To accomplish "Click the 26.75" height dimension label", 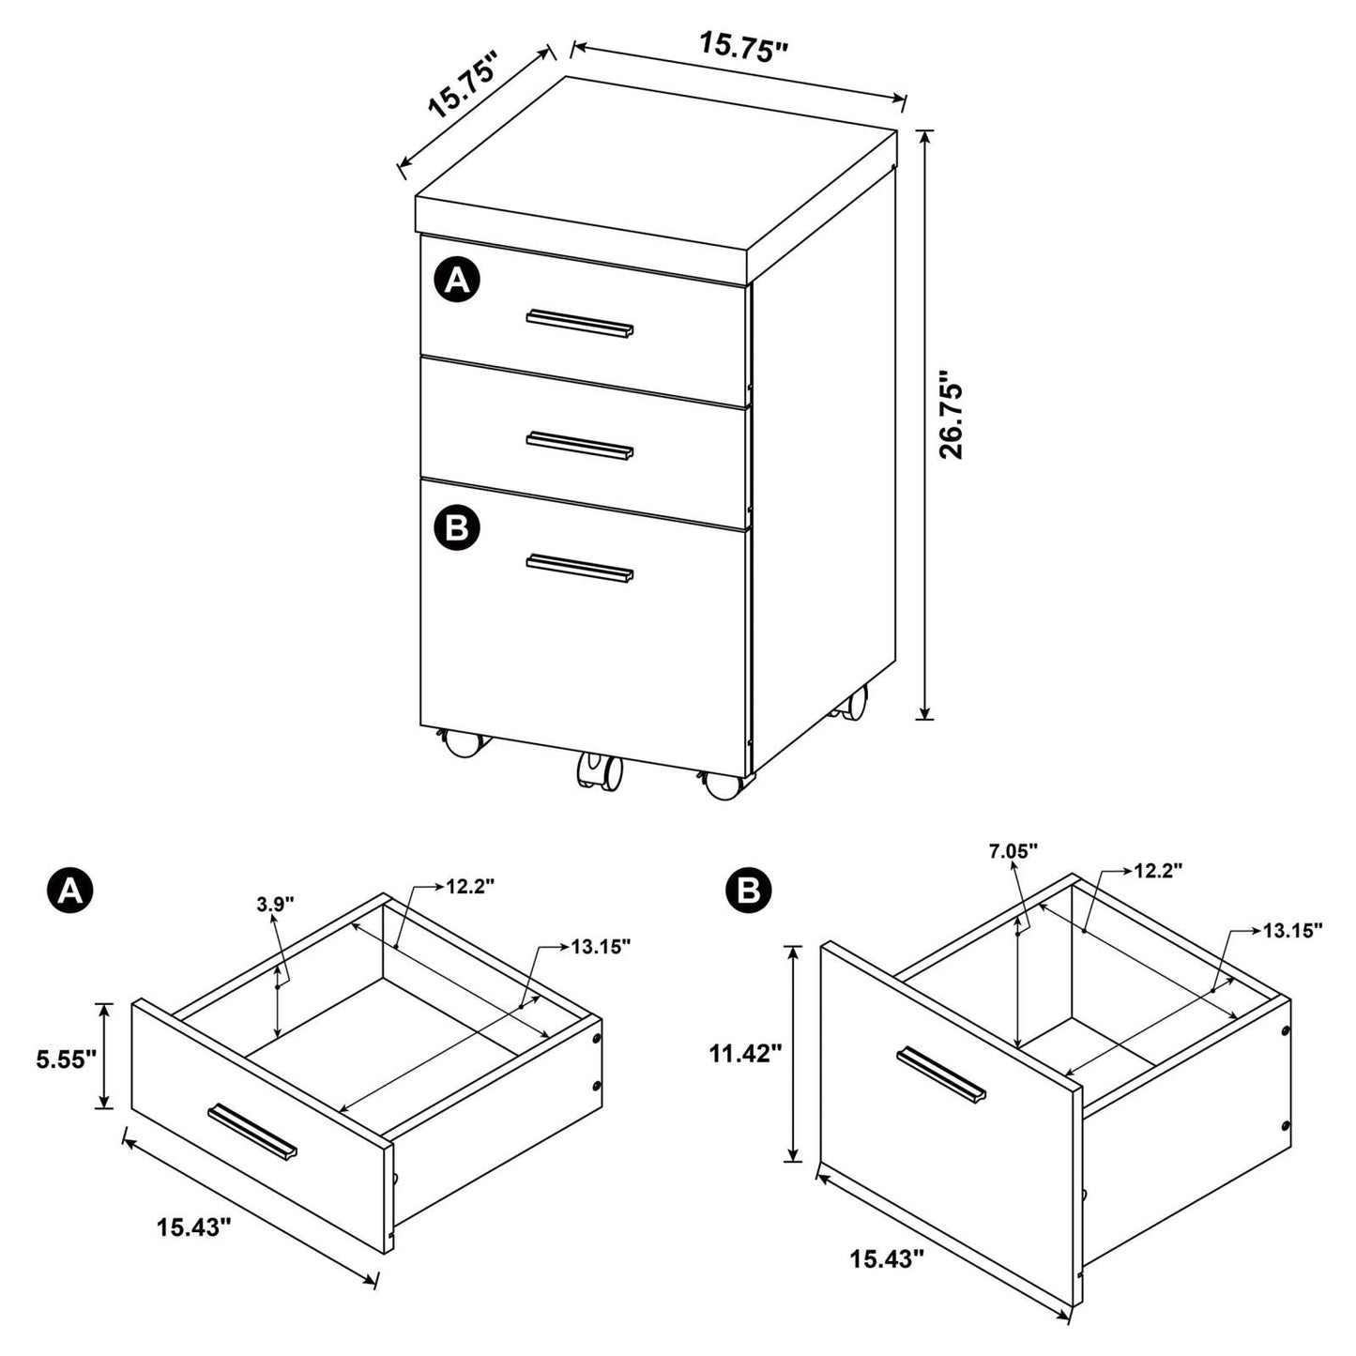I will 952,419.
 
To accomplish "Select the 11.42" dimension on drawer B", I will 745,1054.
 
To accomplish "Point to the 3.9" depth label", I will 275,904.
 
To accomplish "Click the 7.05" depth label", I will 1013,851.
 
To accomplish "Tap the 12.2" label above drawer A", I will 470,887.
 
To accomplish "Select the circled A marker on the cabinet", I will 457,281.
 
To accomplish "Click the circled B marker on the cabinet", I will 457,528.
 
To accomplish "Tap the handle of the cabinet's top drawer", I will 579,322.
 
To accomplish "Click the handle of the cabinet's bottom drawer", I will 579,569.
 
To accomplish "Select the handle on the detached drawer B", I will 941,1074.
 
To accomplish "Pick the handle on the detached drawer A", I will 252,1130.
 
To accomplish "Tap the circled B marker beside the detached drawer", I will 748,890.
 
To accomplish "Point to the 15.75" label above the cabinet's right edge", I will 741,46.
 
